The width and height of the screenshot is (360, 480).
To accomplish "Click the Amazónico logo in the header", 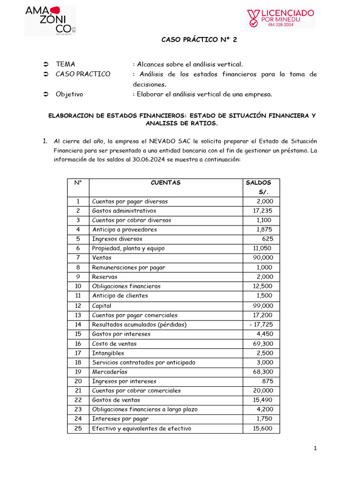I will (49, 20).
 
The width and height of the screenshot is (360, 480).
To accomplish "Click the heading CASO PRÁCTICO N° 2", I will (199, 40).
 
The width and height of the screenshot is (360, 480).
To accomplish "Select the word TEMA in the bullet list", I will (65, 64).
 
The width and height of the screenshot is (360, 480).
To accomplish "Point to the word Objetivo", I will (69, 94).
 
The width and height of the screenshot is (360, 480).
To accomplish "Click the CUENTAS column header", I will (165, 182).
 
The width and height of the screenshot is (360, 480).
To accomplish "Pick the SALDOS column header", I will (258, 182).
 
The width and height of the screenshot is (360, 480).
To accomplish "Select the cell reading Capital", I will (102, 306).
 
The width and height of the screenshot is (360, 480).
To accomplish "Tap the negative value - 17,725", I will (261, 324).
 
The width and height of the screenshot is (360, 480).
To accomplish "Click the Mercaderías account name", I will (110, 372).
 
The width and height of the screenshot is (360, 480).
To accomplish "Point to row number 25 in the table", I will (78, 428).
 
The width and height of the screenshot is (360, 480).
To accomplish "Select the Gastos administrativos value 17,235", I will (262, 210).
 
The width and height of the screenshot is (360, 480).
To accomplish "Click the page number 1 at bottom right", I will (316, 449).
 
